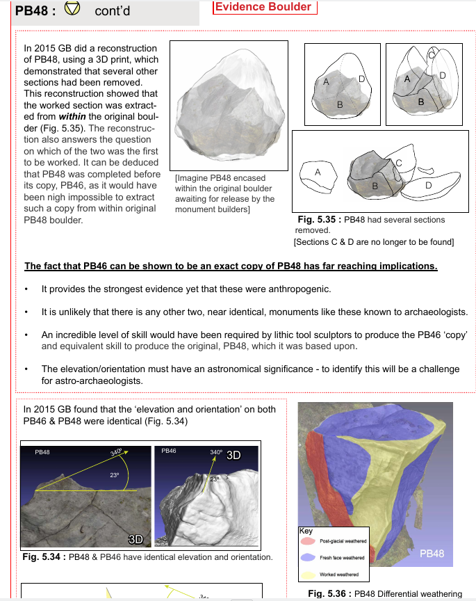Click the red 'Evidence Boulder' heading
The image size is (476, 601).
264,7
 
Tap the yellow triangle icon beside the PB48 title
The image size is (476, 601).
72,10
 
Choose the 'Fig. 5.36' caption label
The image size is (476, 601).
329,593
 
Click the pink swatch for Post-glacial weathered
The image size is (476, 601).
306,540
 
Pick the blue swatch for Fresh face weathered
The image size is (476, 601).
306,557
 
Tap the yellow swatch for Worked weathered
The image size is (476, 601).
306,575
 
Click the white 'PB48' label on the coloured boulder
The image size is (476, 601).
432,554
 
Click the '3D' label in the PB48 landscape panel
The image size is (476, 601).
136,539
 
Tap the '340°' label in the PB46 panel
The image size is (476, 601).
215,453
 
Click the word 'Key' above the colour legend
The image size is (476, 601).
306,531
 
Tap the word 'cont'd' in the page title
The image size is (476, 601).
112,12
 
